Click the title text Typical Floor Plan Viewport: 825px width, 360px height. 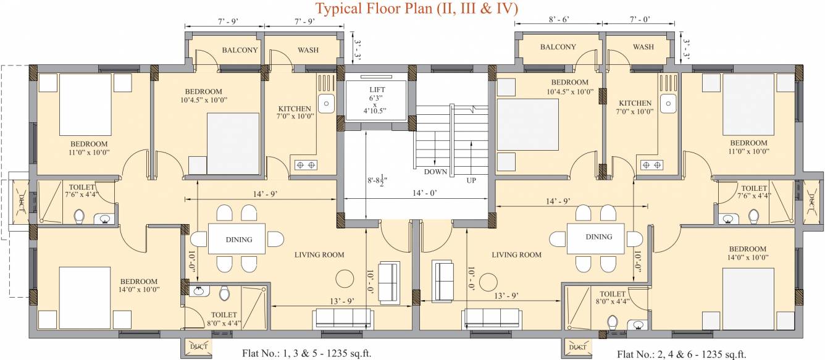pos(417,9)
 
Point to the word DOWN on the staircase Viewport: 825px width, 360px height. pos(435,172)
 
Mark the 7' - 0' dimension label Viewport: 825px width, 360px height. pos(639,20)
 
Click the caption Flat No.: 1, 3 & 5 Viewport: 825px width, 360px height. pos(306,354)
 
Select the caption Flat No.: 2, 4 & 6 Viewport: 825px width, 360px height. pos(681,354)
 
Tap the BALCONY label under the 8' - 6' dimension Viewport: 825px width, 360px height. pos(558,47)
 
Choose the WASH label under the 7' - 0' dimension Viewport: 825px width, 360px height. pos(643,47)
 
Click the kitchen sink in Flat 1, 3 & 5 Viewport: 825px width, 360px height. pos(325,101)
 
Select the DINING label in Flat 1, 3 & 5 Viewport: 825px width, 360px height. pos(238,240)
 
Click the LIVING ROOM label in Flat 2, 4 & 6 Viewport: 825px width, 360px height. pos(516,254)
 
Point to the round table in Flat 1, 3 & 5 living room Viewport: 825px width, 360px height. pos(343,276)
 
